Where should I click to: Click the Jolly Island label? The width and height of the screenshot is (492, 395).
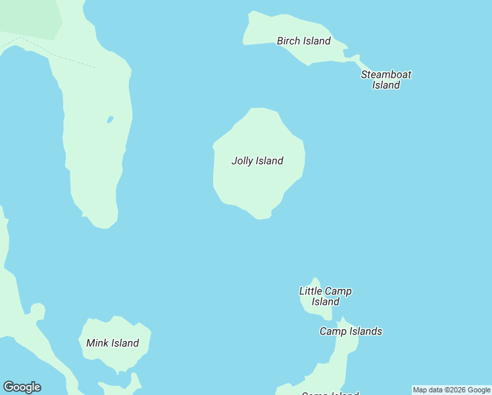pos(257,161)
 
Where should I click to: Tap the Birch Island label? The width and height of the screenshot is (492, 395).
pos(303,41)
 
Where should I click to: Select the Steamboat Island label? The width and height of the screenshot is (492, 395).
pos(386,80)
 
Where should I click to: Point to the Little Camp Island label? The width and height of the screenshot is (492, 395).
pos(325,296)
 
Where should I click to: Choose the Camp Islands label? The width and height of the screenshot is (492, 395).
pos(351,331)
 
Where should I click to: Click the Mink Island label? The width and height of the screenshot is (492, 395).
pos(112,343)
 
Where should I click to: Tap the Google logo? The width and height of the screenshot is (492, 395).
pos(22,387)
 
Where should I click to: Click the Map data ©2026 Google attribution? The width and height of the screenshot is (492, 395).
pos(451,390)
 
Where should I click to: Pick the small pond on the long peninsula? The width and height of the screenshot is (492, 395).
pos(110,120)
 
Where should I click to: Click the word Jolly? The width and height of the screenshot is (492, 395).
pos(242,161)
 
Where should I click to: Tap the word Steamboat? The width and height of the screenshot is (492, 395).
pos(386,74)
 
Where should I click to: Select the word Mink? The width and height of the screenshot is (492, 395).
pos(97,343)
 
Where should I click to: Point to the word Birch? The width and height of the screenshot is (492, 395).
pos(288,41)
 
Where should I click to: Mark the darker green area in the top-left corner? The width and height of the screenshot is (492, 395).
pos(30,16)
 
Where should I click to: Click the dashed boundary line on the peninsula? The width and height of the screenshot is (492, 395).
pos(59,56)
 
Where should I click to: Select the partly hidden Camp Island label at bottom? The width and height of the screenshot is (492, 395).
pos(330,393)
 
